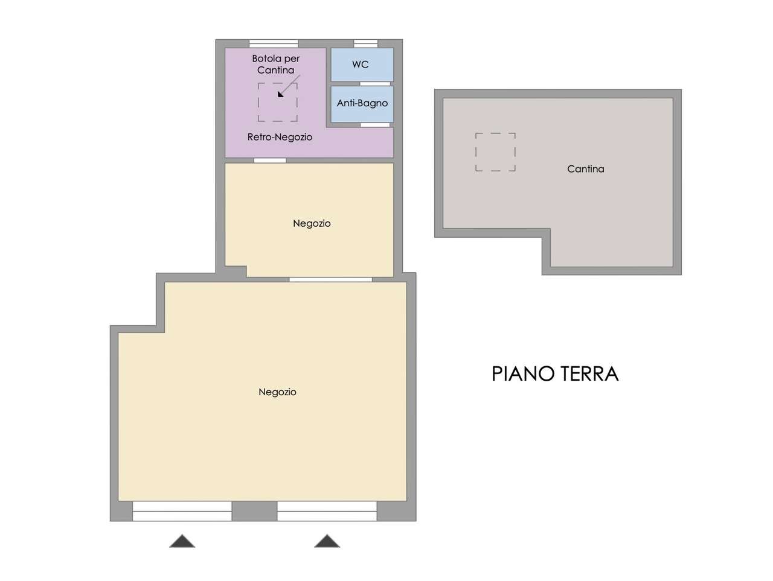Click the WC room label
[360, 65]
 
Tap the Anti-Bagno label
[362, 103]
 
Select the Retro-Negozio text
[280, 137]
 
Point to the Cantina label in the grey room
[585, 169]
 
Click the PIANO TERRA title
[555, 373]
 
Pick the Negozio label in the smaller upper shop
[312, 223]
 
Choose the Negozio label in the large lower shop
[277, 392]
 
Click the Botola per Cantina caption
[276, 64]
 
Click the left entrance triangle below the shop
[182, 541]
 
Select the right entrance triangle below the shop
[327, 541]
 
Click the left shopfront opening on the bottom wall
[182, 511]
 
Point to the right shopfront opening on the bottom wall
[327, 511]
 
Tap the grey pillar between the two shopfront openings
[255, 511]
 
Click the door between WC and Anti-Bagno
[375, 84]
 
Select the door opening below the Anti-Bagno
[375, 125]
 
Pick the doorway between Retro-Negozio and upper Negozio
[270, 160]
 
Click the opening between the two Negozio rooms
[331, 279]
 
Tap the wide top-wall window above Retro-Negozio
[274, 43]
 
